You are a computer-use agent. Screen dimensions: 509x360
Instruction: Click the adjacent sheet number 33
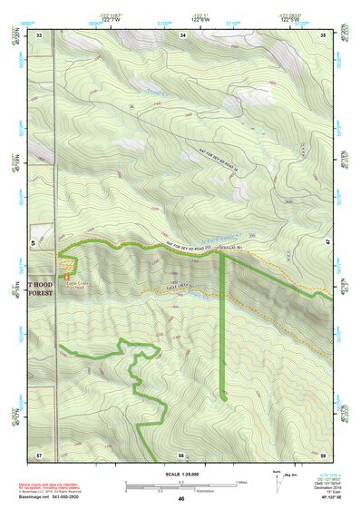tap(40, 34)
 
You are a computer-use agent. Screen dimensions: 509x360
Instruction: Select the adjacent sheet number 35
tap(324, 34)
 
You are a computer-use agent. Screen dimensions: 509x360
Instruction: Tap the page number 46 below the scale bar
tap(181, 498)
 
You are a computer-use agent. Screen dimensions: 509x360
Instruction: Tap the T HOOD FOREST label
tap(42, 288)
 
